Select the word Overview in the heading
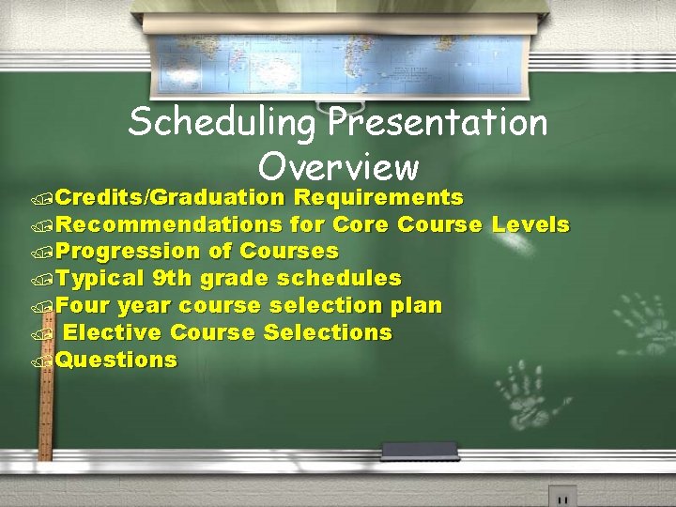pos(338,167)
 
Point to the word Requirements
pos(378,197)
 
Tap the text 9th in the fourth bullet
pos(171,279)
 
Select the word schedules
pos(337,279)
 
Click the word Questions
pos(116,361)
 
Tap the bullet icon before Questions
pos(39,361)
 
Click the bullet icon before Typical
pos(39,280)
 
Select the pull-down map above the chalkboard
pos(338,52)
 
